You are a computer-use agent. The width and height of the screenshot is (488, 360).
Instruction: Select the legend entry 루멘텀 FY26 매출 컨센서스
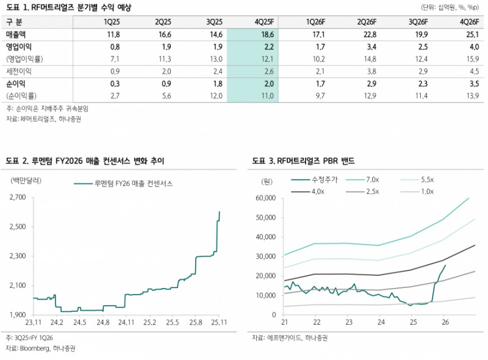tap(125, 182)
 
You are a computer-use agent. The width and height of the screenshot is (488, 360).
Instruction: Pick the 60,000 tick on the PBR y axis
tap(266, 198)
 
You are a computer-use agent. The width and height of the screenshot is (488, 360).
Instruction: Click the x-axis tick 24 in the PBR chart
tap(381, 322)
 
